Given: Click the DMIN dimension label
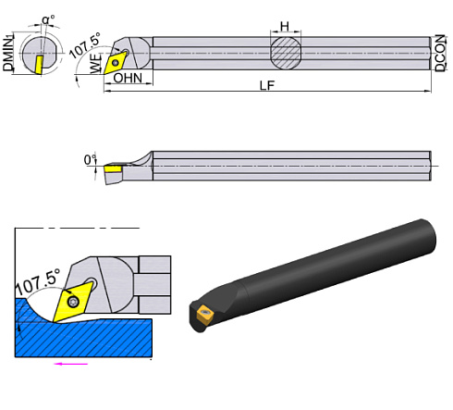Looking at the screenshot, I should [x=8, y=52].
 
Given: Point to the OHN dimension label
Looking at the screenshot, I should [x=128, y=79].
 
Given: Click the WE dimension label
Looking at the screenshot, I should [x=95, y=64].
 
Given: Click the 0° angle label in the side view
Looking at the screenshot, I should [x=90, y=160].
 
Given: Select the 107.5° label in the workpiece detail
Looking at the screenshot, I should [x=39, y=277].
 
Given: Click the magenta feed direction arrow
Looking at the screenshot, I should [x=70, y=365].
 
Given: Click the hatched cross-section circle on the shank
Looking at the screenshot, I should [x=286, y=51].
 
